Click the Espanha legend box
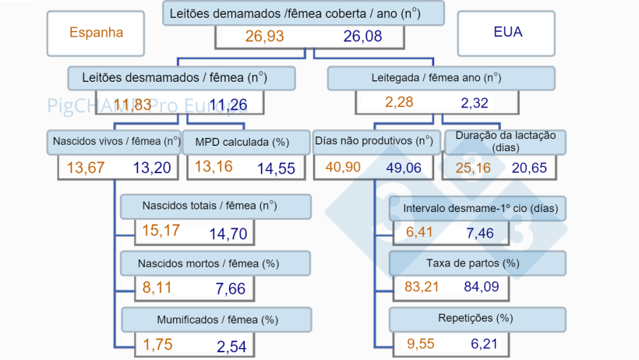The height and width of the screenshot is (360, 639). tap(96, 33)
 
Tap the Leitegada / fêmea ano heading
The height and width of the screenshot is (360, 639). tap(441, 78)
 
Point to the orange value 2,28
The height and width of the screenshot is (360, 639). tap(400, 102)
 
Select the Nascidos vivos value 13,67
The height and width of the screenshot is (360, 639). tap(85, 168)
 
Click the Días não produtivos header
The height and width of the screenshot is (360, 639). tap(374, 142)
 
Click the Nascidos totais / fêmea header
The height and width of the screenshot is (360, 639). tap(216, 206)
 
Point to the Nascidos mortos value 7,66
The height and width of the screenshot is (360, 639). tap(231, 288)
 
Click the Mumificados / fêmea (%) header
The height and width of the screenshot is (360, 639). tap(216, 319)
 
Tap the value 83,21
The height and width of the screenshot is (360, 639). tap(422, 287)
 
